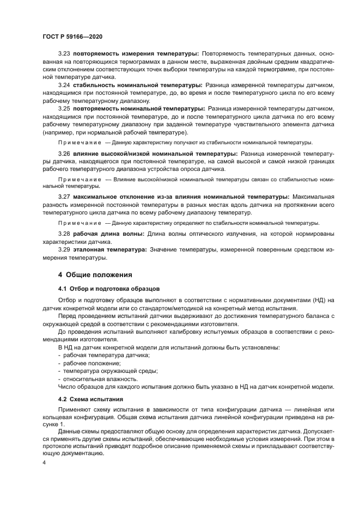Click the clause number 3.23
[x=65, y=54]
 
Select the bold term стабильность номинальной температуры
[x=138, y=85]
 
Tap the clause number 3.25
[x=65, y=109]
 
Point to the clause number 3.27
[x=65, y=195]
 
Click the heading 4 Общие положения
[x=95, y=274]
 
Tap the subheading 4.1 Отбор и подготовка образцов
[x=108, y=288]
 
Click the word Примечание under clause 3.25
[x=80, y=143]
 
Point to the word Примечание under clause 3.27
[x=80, y=223]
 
